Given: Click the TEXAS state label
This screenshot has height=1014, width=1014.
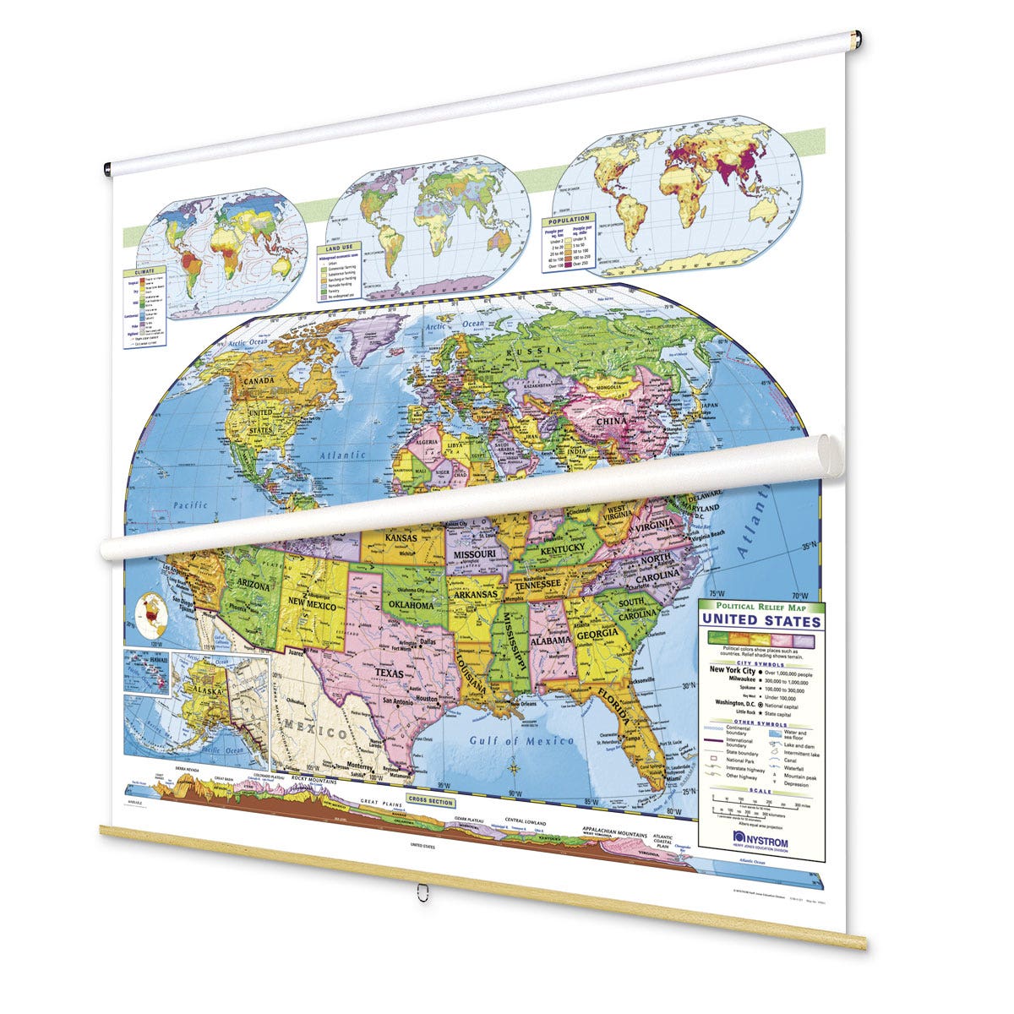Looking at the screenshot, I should pos(390,673).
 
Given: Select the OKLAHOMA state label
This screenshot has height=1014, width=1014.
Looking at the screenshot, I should pos(411,605).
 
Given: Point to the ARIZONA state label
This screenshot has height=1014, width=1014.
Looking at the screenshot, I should pos(253,586).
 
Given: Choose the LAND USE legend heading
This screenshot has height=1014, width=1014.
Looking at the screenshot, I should pos(334,249).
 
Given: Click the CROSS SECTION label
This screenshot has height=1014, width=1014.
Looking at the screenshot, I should pos(431,799).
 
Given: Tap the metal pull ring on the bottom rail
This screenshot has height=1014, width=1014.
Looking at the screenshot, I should pos(420,891).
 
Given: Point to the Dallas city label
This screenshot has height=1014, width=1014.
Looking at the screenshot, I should pos(427,642).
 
